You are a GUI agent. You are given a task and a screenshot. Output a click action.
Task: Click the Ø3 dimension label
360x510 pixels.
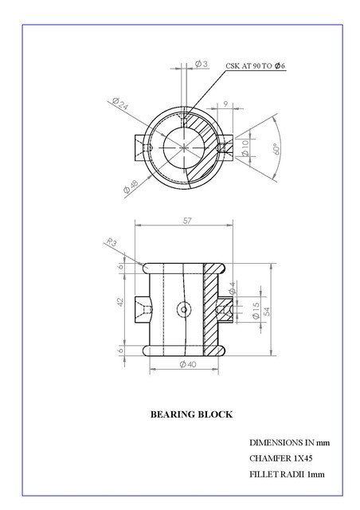pyautogui.click(x=202, y=64)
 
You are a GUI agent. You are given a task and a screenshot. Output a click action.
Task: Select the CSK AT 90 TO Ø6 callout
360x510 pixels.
pyautogui.click(x=256, y=65)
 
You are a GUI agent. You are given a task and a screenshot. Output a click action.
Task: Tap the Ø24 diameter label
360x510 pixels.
pyautogui.click(x=120, y=103)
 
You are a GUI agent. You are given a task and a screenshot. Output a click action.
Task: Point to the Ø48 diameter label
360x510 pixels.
pyautogui.click(x=131, y=186)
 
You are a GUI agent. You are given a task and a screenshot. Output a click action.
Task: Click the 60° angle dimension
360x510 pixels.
pyautogui.click(x=276, y=149)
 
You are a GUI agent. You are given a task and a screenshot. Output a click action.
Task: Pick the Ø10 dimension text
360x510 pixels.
pyautogui.click(x=245, y=148)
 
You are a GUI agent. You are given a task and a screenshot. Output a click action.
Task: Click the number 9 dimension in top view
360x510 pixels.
pyautogui.click(x=225, y=104)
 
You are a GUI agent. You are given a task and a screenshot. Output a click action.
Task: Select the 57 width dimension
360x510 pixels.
pyautogui.click(x=187, y=221)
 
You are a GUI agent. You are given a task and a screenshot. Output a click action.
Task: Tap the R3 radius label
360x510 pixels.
pyautogui.click(x=112, y=242)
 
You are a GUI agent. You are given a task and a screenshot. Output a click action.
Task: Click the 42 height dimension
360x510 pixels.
pyautogui.click(x=120, y=302)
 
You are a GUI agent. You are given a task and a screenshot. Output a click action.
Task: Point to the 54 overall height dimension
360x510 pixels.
pyautogui.click(x=267, y=312)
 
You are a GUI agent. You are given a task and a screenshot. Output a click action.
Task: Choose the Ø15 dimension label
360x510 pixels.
pyautogui.click(x=256, y=311)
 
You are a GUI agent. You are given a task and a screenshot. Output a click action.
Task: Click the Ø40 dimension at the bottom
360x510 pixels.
pyautogui.click(x=188, y=364)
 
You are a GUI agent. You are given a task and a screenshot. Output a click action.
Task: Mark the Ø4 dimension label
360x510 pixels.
pyautogui.click(x=233, y=288)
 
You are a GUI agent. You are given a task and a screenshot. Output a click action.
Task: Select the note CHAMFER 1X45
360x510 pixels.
pyautogui.click(x=281, y=458)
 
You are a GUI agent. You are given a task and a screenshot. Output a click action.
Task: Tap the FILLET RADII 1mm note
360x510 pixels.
pyautogui.click(x=287, y=474)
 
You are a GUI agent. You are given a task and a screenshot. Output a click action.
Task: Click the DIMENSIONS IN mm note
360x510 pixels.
pyautogui.click(x=289, y=443)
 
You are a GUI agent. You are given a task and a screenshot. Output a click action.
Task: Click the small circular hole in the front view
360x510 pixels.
pyautogui.click(x=184, y=309)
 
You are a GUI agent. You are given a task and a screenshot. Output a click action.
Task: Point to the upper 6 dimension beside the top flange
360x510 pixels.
pyautogui.click(x=120, y=266)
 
